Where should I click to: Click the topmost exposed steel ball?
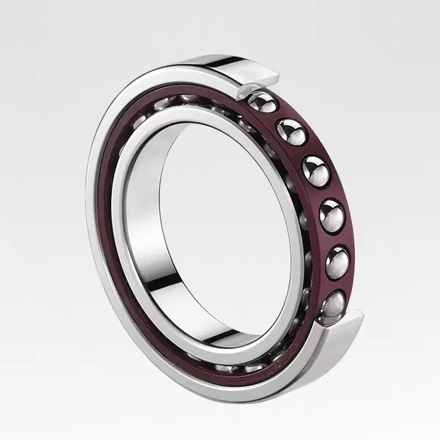(263, 103)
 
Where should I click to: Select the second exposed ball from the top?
(291, 132)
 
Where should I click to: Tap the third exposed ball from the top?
(315, 171)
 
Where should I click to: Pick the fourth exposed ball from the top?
(331, 216)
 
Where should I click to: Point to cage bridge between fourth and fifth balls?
(337, 238)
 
